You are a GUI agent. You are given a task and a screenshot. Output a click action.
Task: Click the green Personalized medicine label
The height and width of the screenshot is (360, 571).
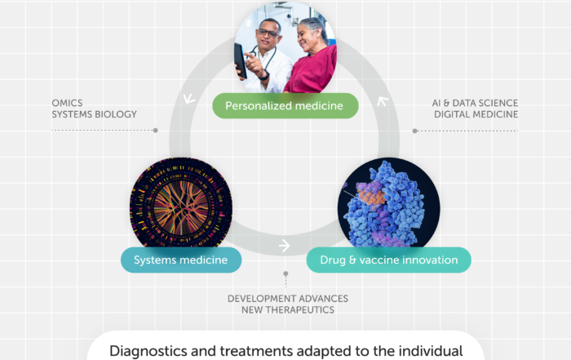click(285, 105)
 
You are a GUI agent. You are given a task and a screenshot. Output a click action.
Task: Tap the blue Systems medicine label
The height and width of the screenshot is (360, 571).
click(181, 260)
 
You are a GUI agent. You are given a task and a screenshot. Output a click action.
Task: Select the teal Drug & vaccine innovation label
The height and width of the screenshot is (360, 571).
click(388, 260)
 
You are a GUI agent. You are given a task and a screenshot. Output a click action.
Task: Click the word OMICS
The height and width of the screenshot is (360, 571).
click(69, 103)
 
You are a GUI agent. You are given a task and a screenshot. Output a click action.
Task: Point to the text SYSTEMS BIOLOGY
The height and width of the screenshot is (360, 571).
click(94, 114)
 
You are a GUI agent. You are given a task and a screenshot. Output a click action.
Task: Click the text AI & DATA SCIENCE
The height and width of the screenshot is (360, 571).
click(475, 103)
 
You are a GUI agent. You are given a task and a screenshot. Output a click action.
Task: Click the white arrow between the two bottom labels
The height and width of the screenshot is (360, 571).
click(284, 246)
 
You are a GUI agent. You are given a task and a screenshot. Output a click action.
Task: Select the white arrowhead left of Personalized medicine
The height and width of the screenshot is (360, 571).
click(189, 100)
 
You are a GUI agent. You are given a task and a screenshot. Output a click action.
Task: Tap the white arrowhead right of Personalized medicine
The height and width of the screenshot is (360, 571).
click(381, 103)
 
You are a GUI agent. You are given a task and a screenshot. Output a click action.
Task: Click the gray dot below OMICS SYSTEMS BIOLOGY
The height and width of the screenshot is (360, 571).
click(155, 131)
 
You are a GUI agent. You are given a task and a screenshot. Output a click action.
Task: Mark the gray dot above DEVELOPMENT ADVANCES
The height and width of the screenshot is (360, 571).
click(285, 273)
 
